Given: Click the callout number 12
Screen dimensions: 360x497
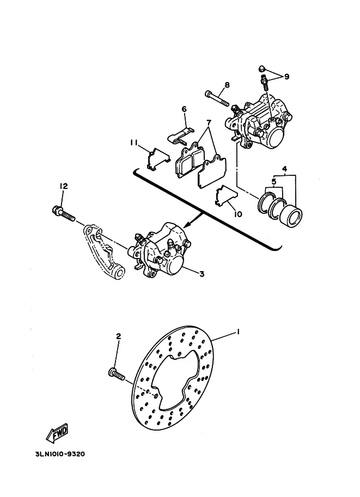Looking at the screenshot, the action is [64, 186].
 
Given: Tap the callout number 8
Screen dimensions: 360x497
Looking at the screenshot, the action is [227, 85].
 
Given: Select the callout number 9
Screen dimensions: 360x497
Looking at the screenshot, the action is [286, 76].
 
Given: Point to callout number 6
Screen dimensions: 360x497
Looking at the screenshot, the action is [184, 109].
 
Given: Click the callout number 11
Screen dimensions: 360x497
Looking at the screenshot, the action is [133, 143].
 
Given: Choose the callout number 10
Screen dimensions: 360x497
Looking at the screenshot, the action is [237, 214].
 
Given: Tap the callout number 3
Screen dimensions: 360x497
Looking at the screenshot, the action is [202, 274].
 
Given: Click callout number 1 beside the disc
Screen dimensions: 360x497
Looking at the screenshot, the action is [238, 332].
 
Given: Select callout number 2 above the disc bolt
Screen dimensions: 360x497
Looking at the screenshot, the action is [118, 336].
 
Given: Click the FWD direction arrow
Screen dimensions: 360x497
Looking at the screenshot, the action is [57, 433].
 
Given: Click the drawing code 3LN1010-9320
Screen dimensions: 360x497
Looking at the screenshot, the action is [60, 454].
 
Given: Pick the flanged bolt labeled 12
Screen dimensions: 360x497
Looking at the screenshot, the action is [63, 213].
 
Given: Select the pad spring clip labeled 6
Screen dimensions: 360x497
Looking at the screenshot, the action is [180, 134].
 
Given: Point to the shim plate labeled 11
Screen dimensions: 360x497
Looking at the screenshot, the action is [157, 159].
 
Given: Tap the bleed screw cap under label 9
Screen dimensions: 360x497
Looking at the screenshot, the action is [262, 69].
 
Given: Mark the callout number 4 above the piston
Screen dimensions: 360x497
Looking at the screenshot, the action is [284, 168].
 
